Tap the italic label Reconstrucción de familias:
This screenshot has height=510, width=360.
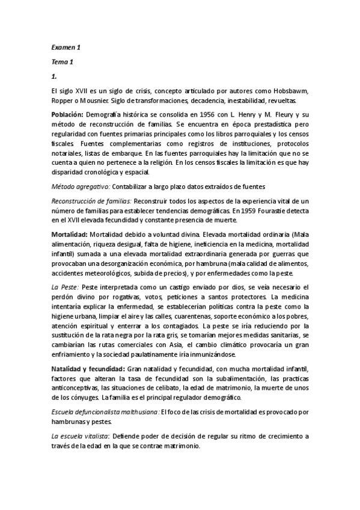point(91,201)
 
